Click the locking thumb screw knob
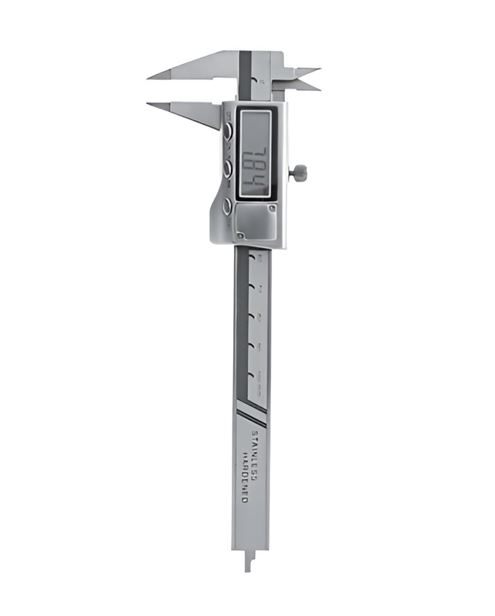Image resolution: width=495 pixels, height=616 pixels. click(x=299, y=172)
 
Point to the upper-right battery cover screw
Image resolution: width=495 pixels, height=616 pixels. click(x=271, y=208)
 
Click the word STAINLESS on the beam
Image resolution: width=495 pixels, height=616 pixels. click(x=256, y=447)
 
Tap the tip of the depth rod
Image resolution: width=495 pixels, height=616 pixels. click(x=248, y=568)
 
